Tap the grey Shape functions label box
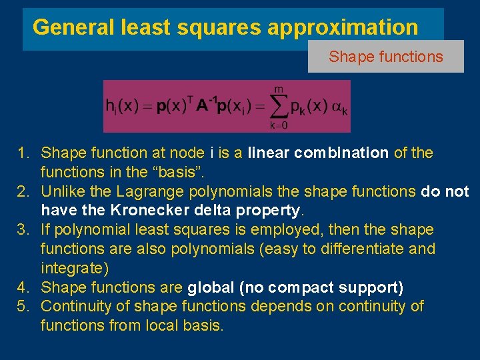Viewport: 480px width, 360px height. point(385,57)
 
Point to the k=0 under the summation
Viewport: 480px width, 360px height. point(279,125)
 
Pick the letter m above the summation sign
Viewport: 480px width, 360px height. point(279,89)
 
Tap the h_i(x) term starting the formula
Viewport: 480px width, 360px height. point(122,107)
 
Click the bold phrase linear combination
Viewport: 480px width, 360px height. point(318,153)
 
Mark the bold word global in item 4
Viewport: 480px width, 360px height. point(210,287)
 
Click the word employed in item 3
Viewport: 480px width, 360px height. point(321,230)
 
